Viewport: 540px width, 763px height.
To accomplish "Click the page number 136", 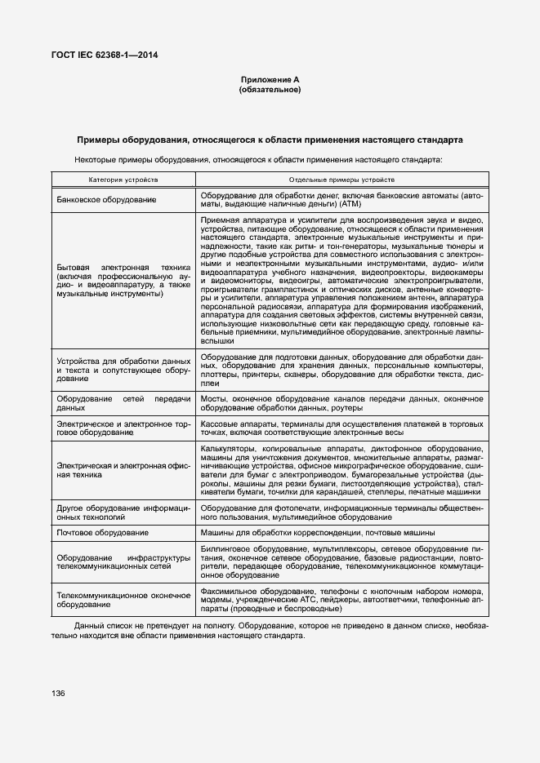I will point(58,693).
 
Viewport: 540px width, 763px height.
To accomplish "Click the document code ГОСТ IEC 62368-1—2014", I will point(105,55).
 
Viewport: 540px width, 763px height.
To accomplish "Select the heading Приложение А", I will point(270,79).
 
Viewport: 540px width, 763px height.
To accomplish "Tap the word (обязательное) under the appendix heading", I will point(270,90).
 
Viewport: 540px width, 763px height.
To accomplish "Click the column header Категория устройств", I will point(123,179).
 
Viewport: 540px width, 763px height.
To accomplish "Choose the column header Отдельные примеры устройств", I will point(342,179).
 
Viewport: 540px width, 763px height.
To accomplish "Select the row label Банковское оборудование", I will point(106,200).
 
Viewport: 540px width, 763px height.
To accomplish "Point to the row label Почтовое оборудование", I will point(102,532).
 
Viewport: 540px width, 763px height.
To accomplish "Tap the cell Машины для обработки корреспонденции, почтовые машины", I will point(318,532).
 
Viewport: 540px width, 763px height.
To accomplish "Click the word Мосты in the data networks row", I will point(214,397).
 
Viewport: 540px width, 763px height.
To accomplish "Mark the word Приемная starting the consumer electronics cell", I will point(221,220).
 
